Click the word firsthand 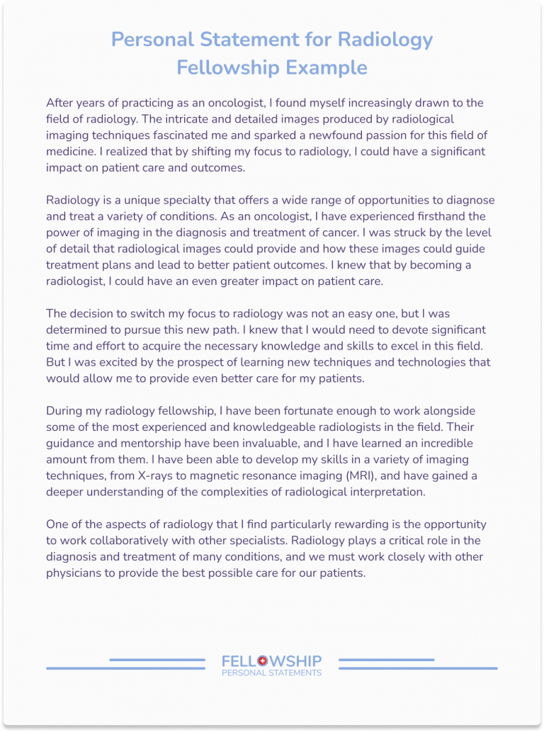461,216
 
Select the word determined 78,330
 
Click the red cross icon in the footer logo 263,660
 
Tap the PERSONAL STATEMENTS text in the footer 271,672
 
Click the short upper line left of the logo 157,660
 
